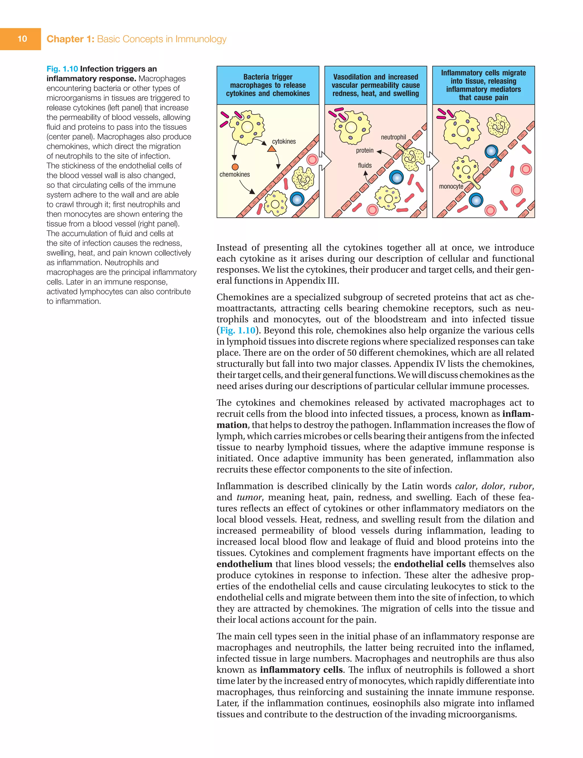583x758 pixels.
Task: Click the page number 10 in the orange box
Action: [22, 39]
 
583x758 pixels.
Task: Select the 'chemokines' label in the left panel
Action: [234, 174]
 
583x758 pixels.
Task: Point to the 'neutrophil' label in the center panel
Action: [393, 137]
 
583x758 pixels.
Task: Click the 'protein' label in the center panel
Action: [365, 150]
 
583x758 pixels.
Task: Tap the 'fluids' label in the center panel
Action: [365, 166]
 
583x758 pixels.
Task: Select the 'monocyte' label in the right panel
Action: [451, 186]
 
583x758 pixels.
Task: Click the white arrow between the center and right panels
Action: [433, 161]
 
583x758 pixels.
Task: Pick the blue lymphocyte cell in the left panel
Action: [297, 199]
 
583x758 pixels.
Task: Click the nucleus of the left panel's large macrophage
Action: [247, 127]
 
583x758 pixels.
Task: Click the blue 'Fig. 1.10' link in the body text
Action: [237, 330]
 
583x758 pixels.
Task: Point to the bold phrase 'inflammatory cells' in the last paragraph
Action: [301, 670]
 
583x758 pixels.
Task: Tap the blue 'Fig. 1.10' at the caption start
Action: [62, 69]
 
